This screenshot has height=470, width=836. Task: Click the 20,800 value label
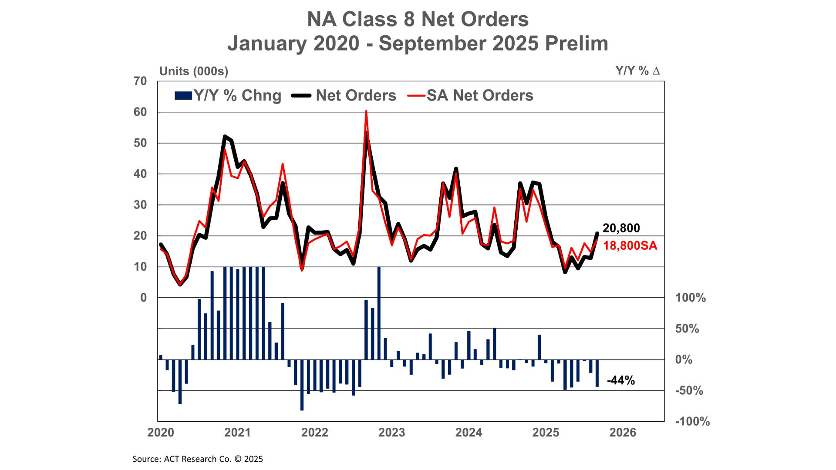point(621,228)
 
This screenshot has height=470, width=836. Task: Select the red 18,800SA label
point(630,246)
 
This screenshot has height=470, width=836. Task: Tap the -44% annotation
point(620,381)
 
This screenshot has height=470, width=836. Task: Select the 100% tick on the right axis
point(690,298)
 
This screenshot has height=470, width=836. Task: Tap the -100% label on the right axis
point(692,422)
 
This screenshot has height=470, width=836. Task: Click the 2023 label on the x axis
point(391,433)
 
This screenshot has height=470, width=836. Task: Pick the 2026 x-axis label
point(623,433)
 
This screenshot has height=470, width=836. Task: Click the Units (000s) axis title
point(194,71)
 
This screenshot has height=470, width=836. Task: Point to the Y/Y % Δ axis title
point(637,71)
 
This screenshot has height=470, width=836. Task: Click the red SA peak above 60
point(366,112)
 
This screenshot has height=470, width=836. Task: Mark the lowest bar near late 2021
point(302,385)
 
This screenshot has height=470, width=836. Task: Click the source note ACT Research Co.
point(198,459)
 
